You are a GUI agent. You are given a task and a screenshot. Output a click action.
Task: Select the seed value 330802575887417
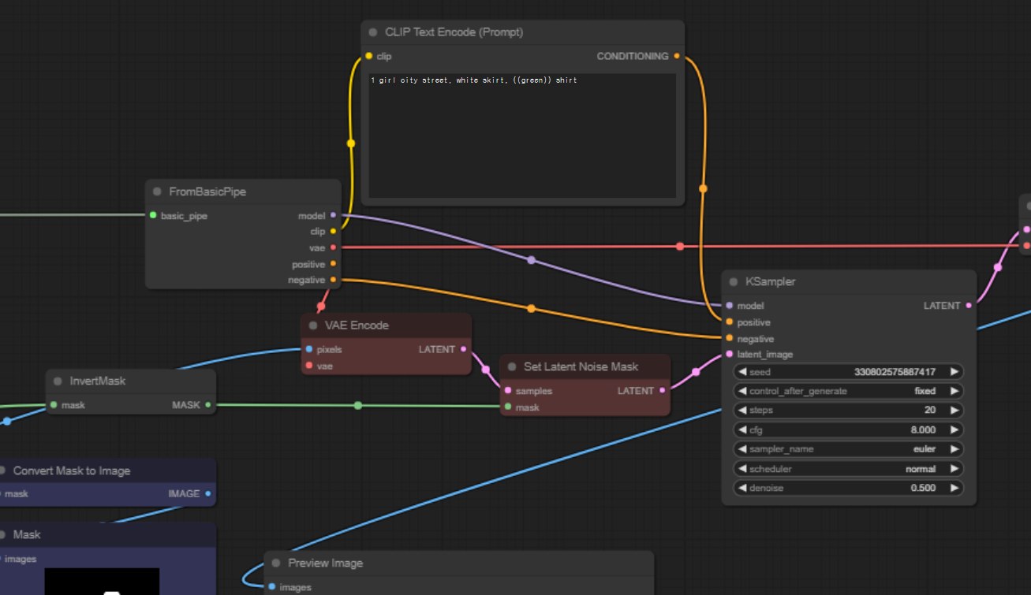pos(895,371)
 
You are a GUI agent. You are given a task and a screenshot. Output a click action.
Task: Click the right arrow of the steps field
pos(954,410)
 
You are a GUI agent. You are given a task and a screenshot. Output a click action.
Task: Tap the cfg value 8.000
pos(922,430)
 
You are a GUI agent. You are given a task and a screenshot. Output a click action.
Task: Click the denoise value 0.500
pos(922,488)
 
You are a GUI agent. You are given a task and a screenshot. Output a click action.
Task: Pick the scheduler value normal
pos(920,469)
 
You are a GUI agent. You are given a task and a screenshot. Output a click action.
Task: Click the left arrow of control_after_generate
pos(742,391)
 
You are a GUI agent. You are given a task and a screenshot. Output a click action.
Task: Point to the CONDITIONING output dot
pos(677,56)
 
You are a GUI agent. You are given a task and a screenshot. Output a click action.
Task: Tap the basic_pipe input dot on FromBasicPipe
pos(153,215)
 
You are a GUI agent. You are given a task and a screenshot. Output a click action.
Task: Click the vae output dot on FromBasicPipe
pos(333,247)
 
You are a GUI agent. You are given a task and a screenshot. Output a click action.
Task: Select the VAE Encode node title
pos(357,325)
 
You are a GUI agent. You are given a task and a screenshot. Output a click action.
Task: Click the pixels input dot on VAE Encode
pos(309,349)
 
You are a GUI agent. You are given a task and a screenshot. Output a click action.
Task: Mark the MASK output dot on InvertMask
pos(208,405)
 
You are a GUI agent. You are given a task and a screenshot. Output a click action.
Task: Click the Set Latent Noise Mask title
pos(581,366)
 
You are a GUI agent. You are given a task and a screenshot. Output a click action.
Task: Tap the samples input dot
pos(508,391)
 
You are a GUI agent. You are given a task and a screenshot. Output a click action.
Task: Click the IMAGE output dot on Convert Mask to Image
pos(208,493)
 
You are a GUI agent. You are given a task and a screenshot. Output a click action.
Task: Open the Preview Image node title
pos(325,563)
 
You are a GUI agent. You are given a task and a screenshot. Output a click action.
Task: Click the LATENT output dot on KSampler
pos(969,306)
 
